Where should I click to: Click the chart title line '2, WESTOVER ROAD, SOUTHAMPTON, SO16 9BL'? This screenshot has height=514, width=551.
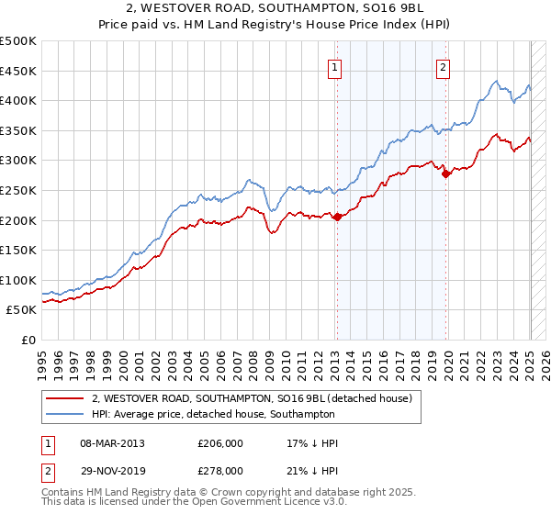click(275, 10)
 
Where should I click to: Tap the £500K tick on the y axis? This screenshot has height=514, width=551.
click(18, 41)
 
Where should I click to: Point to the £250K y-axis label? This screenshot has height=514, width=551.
click(18, 190)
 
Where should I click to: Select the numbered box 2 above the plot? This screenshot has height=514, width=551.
click(443, 67)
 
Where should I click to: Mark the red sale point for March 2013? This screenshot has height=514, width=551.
click(336, 217)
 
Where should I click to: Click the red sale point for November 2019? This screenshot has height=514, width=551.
click(445, 173)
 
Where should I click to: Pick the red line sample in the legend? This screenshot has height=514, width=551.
click(64, 398)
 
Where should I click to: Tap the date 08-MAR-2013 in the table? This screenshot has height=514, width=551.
click(113, 443)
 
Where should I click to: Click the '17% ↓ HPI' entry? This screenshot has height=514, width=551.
click(312, 443)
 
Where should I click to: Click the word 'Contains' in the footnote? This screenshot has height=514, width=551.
click(63, 494)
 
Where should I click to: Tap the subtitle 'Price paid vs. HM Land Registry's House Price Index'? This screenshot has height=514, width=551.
click(275, 26)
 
